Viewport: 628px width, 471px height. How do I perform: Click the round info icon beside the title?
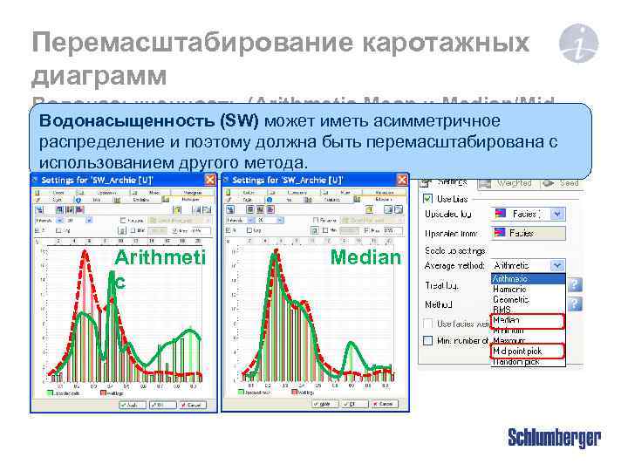pyautogui.click(x=577, y=44)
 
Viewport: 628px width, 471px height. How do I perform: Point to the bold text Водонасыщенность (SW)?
pyautogui.click(x=149, y=120)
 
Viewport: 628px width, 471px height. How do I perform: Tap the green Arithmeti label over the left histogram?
pyautogui.click(x=160, y=257)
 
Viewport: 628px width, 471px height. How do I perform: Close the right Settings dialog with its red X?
pyautogui.click(x=402, y=179)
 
